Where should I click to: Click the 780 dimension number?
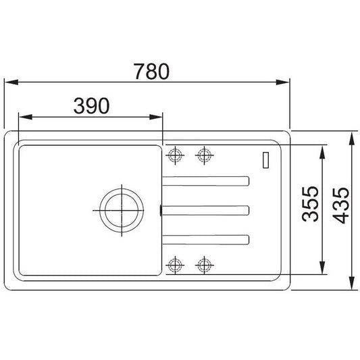[x=151, y=72]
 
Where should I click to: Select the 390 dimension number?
[x=92, y=106]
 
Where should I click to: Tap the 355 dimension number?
[x=310, y=205]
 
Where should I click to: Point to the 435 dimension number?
[x=340, y=205]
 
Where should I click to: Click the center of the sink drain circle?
[x=122, y=210]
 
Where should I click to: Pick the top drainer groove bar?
[x=206, y=181]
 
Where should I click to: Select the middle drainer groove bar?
[x=206, y=210]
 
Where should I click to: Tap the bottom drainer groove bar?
[x=206, y=240]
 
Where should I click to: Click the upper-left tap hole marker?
[x=175, y=155]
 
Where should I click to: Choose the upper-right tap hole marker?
[x=205, y=155]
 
